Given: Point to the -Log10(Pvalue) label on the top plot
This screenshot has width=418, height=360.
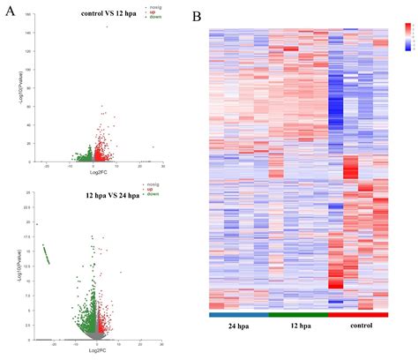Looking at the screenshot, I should point(19,89).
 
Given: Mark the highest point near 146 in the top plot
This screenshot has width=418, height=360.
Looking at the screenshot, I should point(108,27).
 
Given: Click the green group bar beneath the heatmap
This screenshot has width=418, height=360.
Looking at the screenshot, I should point(299,313).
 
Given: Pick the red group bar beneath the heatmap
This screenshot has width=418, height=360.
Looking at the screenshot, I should point(358,313).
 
